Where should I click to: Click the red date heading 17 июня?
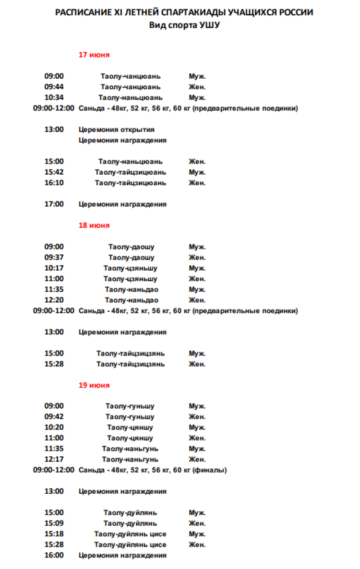pyautogui.click(x=94, y=55)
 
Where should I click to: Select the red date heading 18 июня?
pyautogui.click(x=94, y=225)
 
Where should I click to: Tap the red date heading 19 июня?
pyautogui.click(x=94, y=385)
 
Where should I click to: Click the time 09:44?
pyautogui.click(x=54, y=87)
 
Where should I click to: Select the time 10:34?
pyautogui.click(x=54, y=97)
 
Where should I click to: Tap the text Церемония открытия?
pyautogui.click(x=117, y=130)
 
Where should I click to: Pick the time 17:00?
pyautogui.click(x=54, y=204)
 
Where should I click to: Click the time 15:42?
pyautogui.click(x=54, y=172)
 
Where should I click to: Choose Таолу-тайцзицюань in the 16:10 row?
pyautogui.click(x=131, y=183)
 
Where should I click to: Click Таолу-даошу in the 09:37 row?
pyautogui.click(x=131, y=257)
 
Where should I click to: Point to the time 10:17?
pyautogui.click(x=54, y=268)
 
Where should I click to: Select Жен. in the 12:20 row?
pyautogui.click(x=197, y=300)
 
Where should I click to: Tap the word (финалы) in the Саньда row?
pyautogui.click(x=210, y=470)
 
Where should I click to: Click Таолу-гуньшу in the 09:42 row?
pyautogui.click(x=130, y=416)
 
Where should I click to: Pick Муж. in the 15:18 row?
pyautogui.click(x=197, y=533)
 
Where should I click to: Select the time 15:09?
pyautogui.click(x=54, y=523)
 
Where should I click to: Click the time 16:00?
pyautogui.click(x=54, y=555)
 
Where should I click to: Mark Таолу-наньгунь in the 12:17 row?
pyautogui.click(x=130, y=459)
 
